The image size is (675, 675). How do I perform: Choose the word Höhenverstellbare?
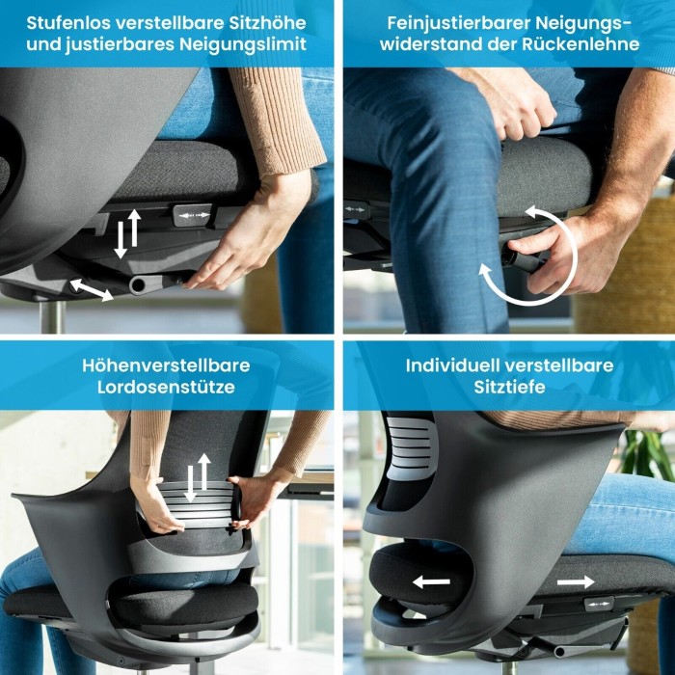(x=166, y=365)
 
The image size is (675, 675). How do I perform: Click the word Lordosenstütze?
(x=166, y=387)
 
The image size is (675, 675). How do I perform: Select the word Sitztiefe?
(x=510, y=387)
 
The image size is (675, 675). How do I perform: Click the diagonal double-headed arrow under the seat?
(x=92, y=289)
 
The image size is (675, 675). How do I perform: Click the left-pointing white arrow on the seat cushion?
(x=431, y=582)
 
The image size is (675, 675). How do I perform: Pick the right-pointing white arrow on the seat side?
(x=576, y=582)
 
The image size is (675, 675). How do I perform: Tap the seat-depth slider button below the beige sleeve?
(x=193, y=215)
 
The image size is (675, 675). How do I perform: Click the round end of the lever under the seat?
(x=138, y=284)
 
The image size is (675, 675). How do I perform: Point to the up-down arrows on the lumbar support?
(x=198, y=477)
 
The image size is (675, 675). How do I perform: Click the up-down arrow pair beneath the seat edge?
(x=127, y=233)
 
